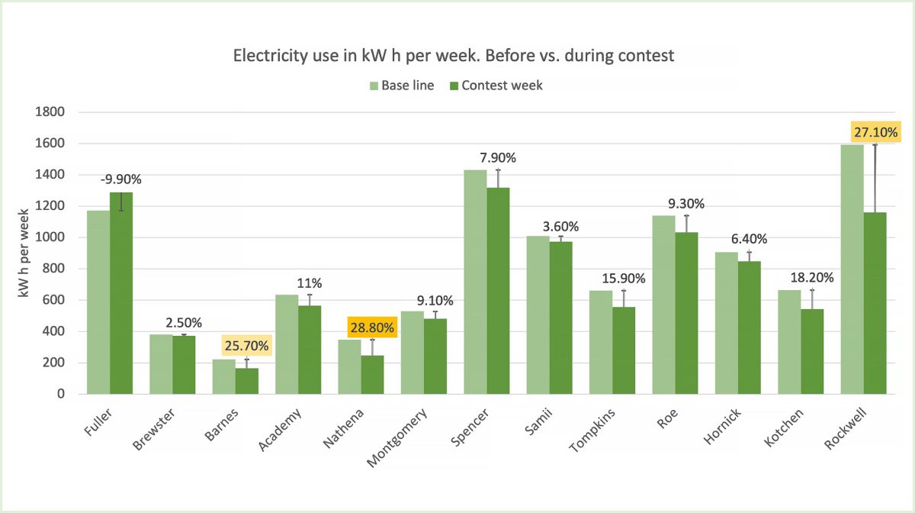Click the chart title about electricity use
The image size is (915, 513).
[x=454, y=56]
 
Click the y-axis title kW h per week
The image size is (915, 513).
[x=25, y=252]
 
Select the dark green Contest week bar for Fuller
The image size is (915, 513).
[x=121, y=293]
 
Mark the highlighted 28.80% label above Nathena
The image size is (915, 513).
[x=373, y=328]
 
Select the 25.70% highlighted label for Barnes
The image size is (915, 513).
[x=245, y=346]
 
